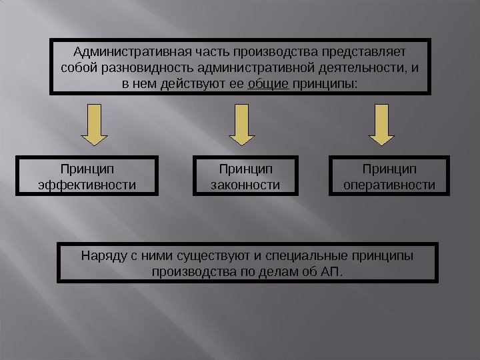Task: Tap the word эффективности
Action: point(87,183)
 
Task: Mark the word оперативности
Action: point(389,183)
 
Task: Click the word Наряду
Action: point(100,255)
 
